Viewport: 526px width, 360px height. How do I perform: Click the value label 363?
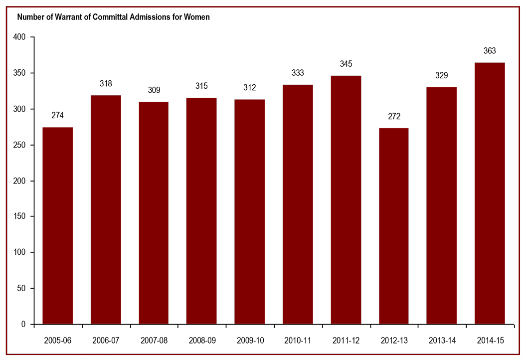[x=490, y=51]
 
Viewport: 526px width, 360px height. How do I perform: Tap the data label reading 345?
[x=346, y=64]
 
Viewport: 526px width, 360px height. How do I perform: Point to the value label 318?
[x=106, y=84]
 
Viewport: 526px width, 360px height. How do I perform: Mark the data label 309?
[x=154, y=91]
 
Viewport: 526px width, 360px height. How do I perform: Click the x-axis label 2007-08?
[x=154, y=341]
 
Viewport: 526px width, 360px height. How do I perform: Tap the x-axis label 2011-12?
[x=346, y=341]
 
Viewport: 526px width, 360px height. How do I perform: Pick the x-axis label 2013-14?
[x=442, y=341]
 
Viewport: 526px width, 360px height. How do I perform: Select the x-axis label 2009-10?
[x=249, y=341]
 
